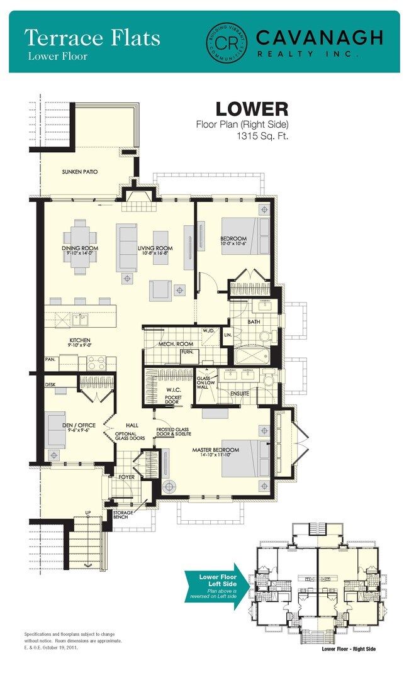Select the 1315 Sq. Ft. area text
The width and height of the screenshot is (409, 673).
(262, 135)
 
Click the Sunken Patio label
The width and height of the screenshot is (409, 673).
(79, 172)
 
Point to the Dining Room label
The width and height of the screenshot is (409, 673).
(80, 248)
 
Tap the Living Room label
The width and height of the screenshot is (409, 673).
(154, 249)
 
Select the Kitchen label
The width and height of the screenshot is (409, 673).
(80, 342)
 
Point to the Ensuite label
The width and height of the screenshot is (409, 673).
(240, 394)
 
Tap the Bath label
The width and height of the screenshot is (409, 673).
(254, 321)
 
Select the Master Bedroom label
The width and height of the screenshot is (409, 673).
(216, 450)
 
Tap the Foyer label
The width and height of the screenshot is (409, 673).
(126, 477)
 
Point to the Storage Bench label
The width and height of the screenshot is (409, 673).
(123, 516)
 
